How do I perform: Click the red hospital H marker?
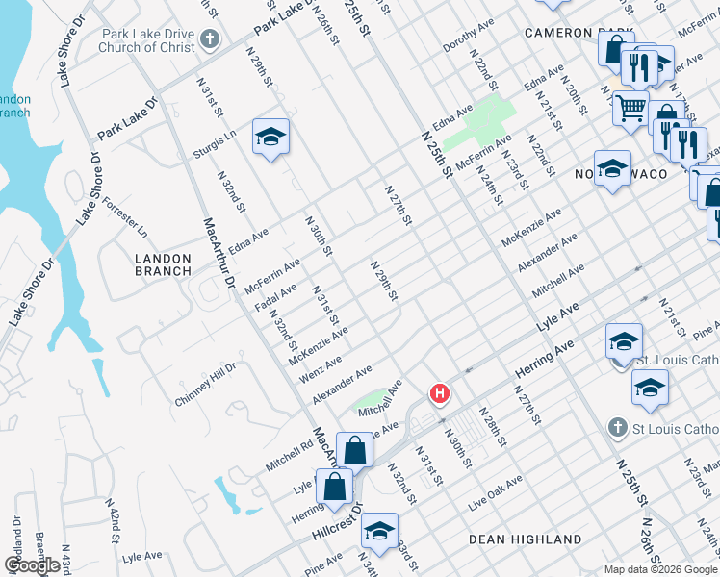440,393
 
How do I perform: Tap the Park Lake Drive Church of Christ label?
145,40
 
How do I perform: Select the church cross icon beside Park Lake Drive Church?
212,40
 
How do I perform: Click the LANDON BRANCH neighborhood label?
163,265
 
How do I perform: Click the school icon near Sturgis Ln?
270,137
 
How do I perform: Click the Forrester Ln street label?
125,218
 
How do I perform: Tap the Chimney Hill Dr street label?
205,385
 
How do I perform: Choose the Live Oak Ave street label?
496,491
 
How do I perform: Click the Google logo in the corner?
32,565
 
